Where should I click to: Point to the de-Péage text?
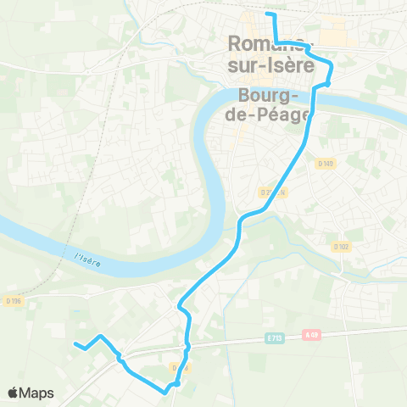click(x=266, y=115)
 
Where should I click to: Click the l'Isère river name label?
click(x=86, y=258)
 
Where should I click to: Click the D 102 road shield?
click(x=341, y=247)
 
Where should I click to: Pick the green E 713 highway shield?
click(x=274, y=337)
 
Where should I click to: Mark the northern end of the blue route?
click(x=268, y=14)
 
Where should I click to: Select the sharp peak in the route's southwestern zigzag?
click(x=102, y=337)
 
